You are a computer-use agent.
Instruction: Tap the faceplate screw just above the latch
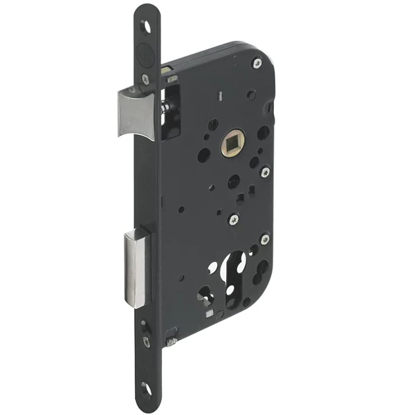145,78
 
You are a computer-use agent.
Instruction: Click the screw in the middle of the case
232,219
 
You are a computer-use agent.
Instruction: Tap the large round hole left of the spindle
204,155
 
